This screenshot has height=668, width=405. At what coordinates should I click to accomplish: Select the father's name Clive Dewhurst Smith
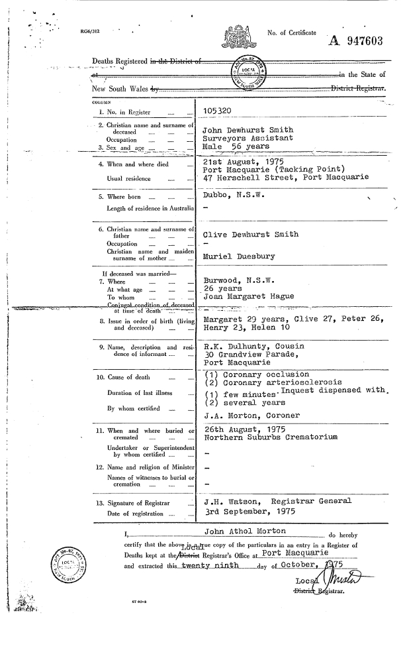(x=251, y=235)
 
